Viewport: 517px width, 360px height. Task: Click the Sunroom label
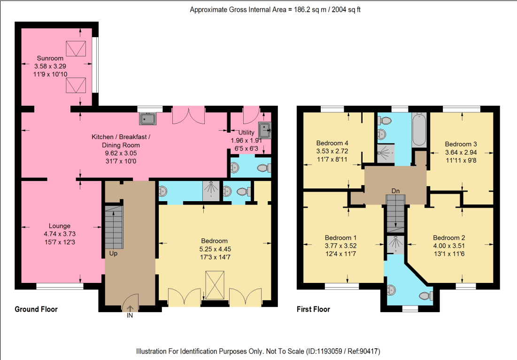point(50,58)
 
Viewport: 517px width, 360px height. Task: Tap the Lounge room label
point(60,226)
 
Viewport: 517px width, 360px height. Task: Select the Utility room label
point(247,133)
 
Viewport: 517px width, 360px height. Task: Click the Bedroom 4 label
point(332,143)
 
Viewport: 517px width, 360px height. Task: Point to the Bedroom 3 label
point(461,144)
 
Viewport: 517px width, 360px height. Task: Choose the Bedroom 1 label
point(340,238)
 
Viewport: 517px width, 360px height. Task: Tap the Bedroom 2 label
point(449,238)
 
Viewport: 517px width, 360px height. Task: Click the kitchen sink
point(148,118)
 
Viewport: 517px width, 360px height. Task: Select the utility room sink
point(264,130)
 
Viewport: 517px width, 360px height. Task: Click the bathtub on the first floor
point(419,129)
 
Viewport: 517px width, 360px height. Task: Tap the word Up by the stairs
point(113,253)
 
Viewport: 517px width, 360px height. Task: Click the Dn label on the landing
point(395,191)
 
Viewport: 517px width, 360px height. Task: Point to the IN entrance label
point(130,315)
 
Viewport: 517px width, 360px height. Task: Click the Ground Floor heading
point(36,309)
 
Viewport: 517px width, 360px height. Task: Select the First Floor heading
point(313,309)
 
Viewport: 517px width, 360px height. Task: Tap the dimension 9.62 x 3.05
point(121,153)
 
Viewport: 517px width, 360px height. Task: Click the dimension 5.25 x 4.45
point(215,249)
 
